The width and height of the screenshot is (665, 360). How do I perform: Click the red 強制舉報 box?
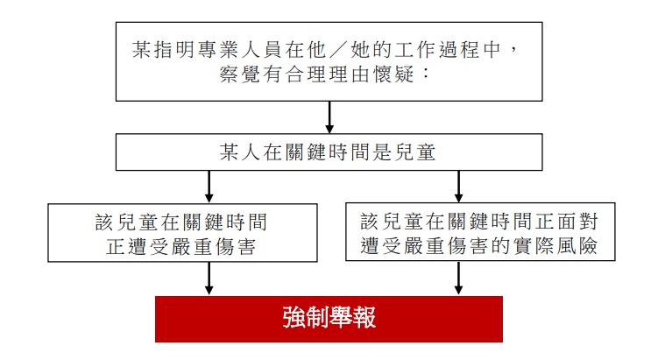[x=329, y=319]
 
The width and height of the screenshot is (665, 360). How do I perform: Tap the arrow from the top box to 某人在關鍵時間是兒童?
[x=329, y=117]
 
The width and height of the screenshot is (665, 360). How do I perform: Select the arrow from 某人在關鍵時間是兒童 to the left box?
[x=209, y=187]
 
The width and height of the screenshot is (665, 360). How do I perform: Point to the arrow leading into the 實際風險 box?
[x=458, y=187]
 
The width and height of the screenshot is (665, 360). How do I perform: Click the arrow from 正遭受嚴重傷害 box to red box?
[x=209, y=279]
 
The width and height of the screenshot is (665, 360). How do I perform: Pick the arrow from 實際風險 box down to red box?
[x=458, y=278]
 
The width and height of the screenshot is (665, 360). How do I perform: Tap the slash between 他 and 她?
[x=339, y=50]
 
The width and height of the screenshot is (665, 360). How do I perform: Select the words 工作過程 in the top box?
[x=438, y=50]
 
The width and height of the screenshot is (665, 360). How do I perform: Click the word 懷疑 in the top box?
[x=393, y=74]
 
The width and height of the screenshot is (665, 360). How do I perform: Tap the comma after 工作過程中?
[x=514, y=50]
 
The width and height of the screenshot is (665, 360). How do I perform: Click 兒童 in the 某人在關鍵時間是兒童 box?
[x=414, y=152]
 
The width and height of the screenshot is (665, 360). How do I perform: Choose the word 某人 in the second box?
[x=240, y=152]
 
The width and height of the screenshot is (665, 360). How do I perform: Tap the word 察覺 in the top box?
[x=239, y=74]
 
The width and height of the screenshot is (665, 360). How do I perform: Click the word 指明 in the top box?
[x=176, y=50]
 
